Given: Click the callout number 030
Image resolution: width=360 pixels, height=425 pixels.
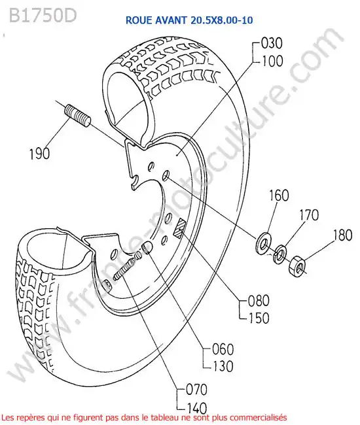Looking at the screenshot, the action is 272,43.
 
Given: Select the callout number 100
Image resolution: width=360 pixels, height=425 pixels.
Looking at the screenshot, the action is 272,61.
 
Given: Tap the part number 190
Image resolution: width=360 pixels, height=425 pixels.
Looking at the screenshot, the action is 39,154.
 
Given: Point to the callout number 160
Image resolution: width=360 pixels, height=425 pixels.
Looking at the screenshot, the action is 279,195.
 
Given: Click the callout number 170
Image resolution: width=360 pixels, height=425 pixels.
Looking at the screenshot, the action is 309,215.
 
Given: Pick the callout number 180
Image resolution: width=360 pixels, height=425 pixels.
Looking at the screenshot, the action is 343,235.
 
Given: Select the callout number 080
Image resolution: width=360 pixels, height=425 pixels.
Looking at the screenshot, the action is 259,301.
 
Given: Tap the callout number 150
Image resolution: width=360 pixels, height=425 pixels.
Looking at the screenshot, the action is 259,318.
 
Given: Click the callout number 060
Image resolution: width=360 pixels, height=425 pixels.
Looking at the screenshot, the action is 223,349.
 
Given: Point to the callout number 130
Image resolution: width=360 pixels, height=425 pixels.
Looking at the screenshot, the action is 223,366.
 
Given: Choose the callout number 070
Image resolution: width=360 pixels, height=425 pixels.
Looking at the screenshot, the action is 196,390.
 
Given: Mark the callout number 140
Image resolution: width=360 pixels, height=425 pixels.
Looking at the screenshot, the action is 197,407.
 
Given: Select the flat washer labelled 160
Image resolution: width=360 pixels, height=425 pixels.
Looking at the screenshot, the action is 263,243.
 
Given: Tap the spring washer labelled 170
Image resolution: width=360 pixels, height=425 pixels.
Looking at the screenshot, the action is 279,254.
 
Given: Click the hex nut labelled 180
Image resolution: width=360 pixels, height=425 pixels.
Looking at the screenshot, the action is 297,267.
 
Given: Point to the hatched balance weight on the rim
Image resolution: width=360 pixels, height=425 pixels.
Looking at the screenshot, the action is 179,228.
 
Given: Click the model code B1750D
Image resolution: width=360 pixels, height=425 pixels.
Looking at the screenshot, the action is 43,16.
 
